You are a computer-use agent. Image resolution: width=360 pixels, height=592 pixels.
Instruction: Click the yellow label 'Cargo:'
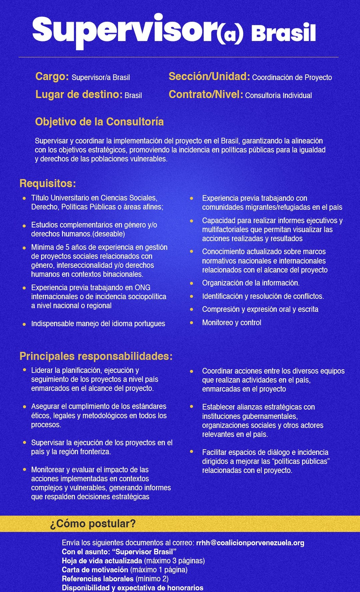52,77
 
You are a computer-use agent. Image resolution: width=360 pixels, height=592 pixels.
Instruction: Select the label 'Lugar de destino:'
79,95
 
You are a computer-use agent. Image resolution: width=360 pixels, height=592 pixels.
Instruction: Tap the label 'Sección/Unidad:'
209,77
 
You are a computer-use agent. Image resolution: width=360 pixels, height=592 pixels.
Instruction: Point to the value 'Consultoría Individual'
278,96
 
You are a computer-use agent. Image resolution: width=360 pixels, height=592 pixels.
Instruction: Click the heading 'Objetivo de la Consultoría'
99,122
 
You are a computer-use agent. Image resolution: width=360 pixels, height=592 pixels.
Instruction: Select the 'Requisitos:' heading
48,183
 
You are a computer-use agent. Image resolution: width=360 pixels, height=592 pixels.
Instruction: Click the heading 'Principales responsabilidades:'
96,356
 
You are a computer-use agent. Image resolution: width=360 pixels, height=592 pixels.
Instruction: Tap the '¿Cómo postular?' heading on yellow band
93,524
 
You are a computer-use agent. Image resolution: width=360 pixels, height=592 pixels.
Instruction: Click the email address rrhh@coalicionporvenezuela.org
250,543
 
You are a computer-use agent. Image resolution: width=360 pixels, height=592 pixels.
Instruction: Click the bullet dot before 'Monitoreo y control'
192,323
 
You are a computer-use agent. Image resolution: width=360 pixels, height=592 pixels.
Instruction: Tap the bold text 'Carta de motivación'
95,570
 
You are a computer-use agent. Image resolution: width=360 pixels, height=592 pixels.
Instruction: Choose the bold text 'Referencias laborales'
98,579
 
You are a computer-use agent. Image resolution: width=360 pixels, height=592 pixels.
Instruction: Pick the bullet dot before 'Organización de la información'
192,283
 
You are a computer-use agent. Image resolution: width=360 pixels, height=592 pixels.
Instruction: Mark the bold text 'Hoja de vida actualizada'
102,561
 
